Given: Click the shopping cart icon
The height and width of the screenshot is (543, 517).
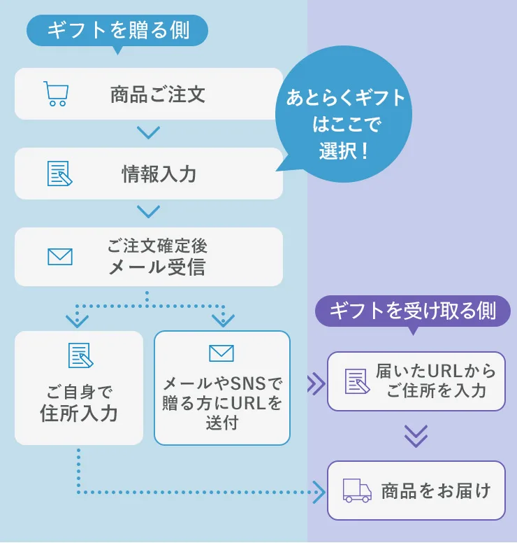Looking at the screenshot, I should pyautogui.click(x=54, y=94).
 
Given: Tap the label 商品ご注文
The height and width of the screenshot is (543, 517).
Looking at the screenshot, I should pyautogui.click(x=158, y=94).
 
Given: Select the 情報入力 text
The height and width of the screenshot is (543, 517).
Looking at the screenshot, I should pyautogui.click(x=159, y=174).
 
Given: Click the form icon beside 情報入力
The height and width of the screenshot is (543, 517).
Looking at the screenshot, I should pyautogui.click(x=59, y=174).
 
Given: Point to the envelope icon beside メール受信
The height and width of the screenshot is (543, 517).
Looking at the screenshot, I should pyautogui.click(x=60, y=257).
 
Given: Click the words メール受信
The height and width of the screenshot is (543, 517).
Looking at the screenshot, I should pyautogui.click(x=157, y=267).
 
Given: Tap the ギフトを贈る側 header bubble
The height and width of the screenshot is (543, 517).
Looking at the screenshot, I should pyautogui.click(x=117, y=30).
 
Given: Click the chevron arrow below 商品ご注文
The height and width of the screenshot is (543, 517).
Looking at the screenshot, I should pyautogui.click(x=149, y=132).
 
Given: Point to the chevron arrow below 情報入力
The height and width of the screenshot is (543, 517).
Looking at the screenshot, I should pyautogui.click(x=149, y=211).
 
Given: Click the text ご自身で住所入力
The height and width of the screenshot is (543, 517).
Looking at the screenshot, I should pyautogui.click(x=79, y=403).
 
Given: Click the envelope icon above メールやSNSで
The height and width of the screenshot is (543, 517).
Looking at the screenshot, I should pyautogui.click(x=221, y=353).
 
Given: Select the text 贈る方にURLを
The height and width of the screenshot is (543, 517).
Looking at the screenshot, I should pyautogui.click(x=222, y=403).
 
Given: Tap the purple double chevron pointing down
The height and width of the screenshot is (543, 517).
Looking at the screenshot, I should pyautogui.click(x=416, y=437).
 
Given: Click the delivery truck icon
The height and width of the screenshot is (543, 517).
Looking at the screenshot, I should pyautogui.click(x=357, y=490).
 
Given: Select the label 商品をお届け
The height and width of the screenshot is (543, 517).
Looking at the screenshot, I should pyautogui.click(x=436, y=491).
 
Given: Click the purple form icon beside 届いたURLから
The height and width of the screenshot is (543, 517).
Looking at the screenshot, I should pyautogui.click(x=357, y=381).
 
